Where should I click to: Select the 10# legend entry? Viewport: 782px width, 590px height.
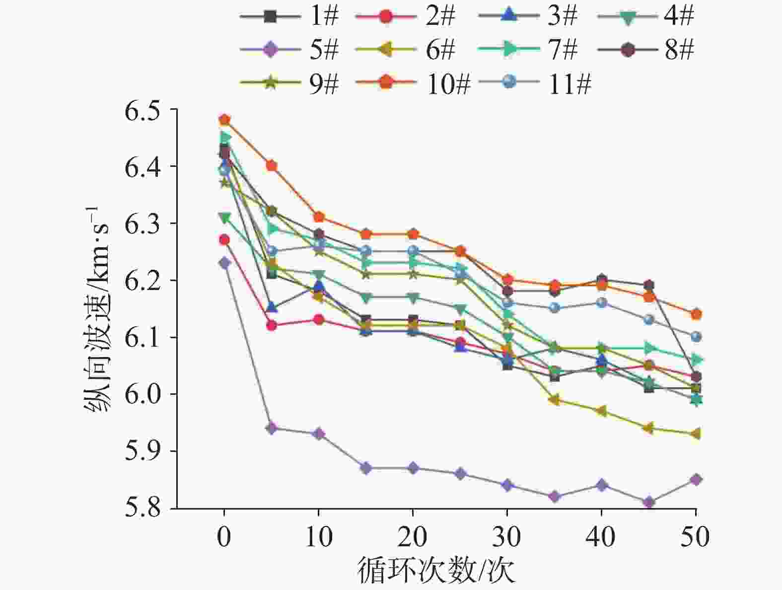pos(412,83)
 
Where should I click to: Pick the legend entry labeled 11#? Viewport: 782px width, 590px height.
pos(539,83)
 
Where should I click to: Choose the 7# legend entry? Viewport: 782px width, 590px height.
pos(529,50)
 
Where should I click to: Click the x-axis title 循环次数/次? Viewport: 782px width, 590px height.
pos(436,571)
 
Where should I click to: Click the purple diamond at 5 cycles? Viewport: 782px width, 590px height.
pos(272,428)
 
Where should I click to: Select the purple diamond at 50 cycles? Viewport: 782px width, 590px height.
pos(696,480)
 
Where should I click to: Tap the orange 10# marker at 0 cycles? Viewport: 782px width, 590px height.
pos(224,120)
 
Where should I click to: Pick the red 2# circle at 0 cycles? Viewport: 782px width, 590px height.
pos(224,240)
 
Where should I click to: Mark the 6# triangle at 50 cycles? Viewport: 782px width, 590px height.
pos(695,434)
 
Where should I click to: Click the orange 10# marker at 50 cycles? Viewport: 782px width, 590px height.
pos(696,314)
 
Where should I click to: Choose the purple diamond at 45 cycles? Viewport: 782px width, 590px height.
pos(648,503)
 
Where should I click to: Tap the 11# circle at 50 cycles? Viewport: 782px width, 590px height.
pos(696,337)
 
